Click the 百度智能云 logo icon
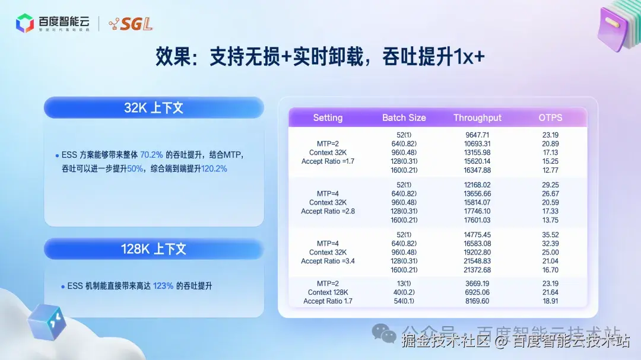[x=25, y=23]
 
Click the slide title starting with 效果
[x=320, y=57]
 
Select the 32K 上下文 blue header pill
[x=154, y=107]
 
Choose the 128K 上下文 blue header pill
[x=154, y=249]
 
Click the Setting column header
[x=328, y=117]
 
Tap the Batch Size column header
[x=404, y=117]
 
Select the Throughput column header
[x=477, y=117]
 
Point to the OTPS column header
[x=550, y=117]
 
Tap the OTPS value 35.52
[x=550, y=234]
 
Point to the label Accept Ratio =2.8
[x=328, y=211]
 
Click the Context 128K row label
[x=328, y=292]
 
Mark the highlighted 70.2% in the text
[x=152, y=155]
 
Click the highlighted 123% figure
[x=163, y=286]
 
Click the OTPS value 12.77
[x=550, y=170]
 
